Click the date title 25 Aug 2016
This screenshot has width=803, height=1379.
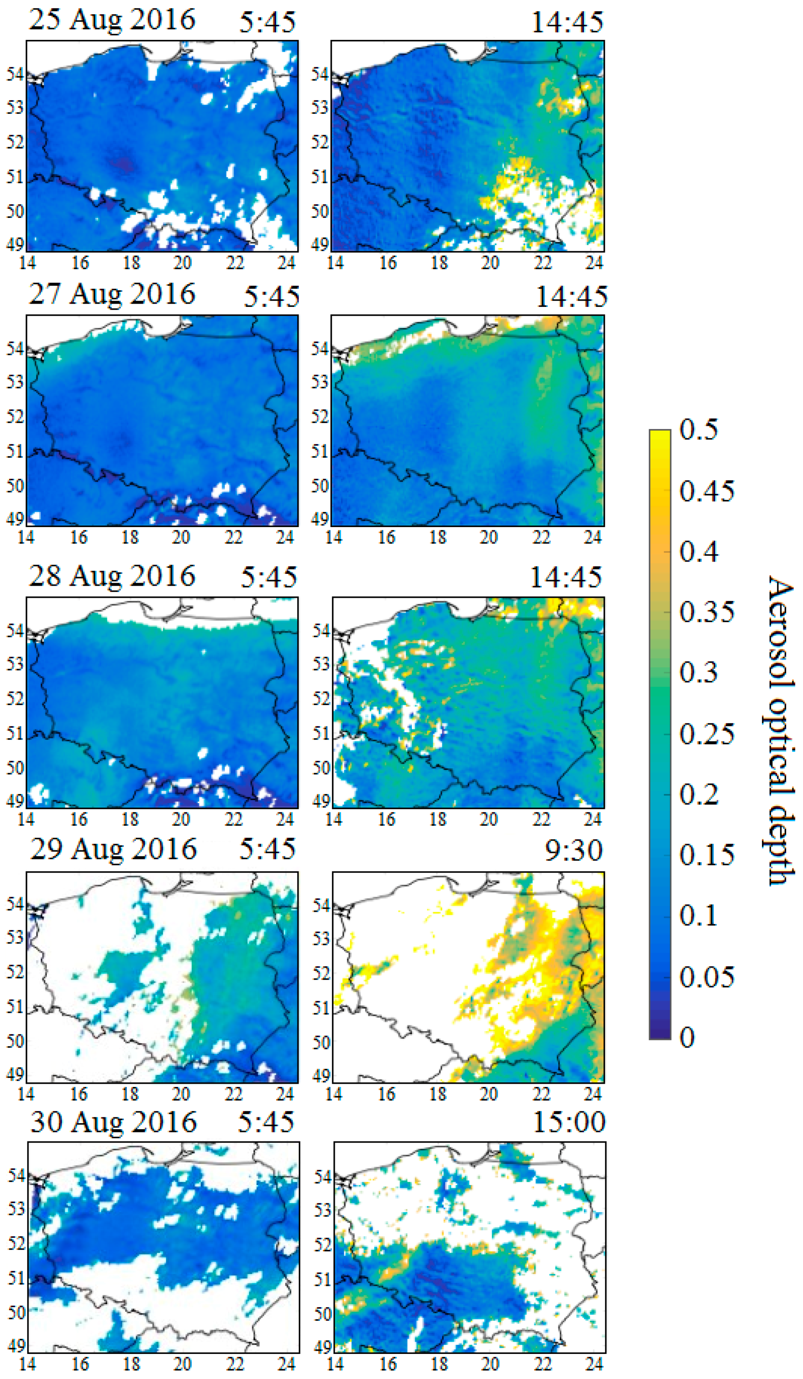point(112,20)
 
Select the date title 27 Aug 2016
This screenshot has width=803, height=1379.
point(112,294)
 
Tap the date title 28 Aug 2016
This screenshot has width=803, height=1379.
point(112,576)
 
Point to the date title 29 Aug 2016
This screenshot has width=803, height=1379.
point(113,849)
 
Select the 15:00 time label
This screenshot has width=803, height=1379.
point(569,1123)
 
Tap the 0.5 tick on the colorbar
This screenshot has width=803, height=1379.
point(698,430)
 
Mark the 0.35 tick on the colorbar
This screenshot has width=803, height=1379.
point(706,612)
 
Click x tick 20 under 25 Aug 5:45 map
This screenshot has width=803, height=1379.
point(182,263)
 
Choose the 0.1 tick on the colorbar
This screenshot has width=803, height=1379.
point(698,915)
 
